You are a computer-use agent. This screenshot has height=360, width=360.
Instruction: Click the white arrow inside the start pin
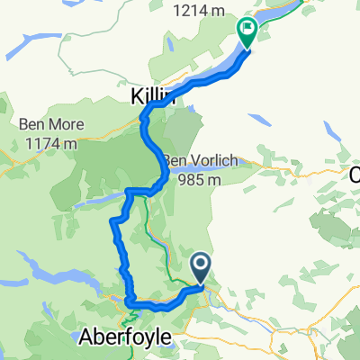click(x=202, y=265)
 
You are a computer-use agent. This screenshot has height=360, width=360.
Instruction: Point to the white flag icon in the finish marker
click(x=246, y=30)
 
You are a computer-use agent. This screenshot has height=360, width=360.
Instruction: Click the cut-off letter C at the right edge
click(x=355, y=175)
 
